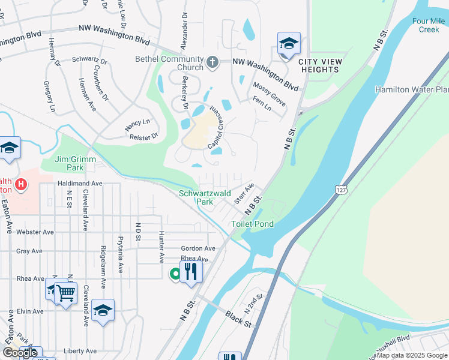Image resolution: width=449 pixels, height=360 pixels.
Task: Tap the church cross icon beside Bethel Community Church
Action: coord(212,61)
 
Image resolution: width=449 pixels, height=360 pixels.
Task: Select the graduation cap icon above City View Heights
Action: coord(289,44)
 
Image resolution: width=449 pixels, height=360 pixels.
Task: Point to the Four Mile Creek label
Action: coord(429,25)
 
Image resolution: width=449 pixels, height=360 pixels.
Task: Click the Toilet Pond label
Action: coord(253,224)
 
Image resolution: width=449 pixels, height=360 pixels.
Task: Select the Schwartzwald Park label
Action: coord(196,197)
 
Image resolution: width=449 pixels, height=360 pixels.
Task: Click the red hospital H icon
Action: coord(21,183)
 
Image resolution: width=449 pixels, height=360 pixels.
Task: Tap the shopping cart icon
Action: coord(65,293)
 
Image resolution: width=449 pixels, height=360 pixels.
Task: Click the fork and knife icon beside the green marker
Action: coord(191,271)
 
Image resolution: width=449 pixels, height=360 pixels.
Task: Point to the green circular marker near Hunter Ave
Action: coord(175,274)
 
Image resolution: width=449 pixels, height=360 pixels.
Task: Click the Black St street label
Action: coord(238,319)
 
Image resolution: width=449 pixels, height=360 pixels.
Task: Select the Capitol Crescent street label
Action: coord(218,127)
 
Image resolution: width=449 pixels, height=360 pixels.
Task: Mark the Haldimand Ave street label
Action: coord(80,183)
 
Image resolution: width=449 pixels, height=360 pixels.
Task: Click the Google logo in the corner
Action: coord(20,353)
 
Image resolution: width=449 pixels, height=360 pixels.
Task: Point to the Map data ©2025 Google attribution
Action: coord(412,355)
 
